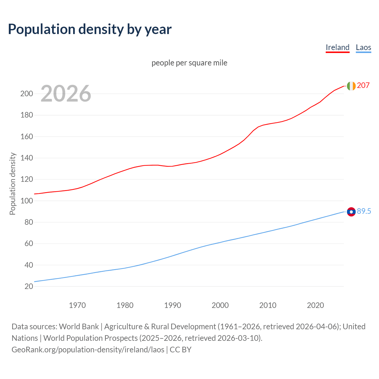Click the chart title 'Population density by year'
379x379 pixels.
click(90, 29)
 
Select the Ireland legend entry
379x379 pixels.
click(338, 47)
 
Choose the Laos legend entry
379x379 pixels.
click(363, 47)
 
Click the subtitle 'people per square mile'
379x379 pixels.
click(189, 63)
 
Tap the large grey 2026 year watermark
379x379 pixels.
click(66, 94)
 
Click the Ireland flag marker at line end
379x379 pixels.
click(351, 86)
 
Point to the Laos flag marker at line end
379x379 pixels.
click(351, 212)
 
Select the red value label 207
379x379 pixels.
click(363, 86)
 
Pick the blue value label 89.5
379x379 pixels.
click(364, 211)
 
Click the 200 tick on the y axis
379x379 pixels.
click(26, 94)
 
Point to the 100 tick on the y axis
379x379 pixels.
click(26, 201)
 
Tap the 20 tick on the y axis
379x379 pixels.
click(29, 286)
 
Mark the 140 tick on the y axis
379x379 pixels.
click(26, 158)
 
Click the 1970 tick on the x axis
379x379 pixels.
click(77, 305)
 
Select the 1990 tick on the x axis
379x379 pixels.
click(173, 305)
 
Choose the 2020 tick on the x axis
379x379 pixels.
click(315, 305)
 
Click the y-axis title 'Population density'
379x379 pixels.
click(12, 184)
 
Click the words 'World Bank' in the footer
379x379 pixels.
click(79, 327)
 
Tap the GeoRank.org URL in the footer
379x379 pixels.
click(88, 350)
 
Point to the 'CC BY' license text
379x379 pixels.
click(181, 350)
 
